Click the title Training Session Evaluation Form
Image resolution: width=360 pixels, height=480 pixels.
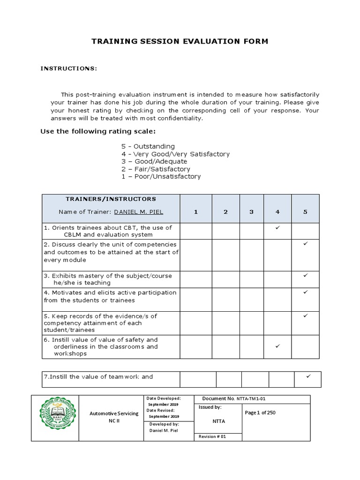pos(180,41)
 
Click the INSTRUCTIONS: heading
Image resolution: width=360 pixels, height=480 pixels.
pos(68,68)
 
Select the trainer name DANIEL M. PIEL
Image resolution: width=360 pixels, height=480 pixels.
pos(139,212)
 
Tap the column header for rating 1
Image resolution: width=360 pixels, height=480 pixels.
pos(196,212)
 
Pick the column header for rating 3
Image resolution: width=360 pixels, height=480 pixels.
pos(251,212)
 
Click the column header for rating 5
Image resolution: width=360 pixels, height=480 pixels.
pos(305,212)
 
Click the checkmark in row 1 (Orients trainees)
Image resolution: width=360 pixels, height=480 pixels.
pos(277,227)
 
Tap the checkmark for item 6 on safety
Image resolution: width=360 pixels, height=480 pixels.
pos(277,346)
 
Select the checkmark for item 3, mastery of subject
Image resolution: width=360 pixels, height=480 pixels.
pos(305,275)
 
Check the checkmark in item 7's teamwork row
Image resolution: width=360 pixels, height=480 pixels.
pos(308,376)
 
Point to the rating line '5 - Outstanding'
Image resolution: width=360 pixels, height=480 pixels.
pos(148,146)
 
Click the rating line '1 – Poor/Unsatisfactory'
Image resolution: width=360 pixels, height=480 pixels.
pos(161,177)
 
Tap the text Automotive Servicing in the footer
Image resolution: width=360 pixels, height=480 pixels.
pos(114,413)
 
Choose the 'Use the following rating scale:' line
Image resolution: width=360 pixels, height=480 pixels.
pos(98,131)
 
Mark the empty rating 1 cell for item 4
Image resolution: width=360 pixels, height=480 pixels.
pos(196,300)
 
